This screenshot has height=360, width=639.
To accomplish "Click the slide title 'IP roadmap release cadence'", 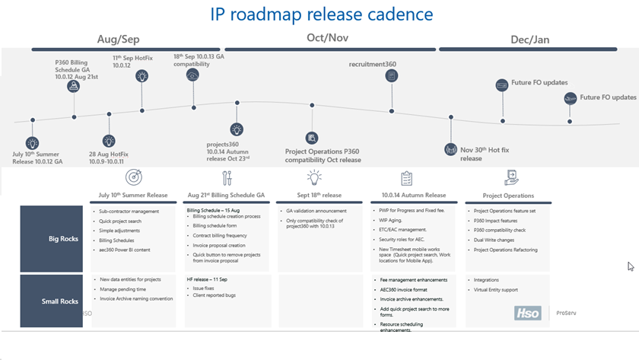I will click(323, 14).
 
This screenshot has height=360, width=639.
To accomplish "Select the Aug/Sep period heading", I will click(119, 39).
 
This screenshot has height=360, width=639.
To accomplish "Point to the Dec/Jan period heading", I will click(529, 39).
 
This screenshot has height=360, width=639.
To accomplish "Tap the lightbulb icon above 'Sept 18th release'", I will click(314, 178).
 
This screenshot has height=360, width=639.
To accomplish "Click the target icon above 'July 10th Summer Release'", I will click(134, 178).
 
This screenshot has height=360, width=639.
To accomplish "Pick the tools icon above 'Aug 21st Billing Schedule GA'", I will click(226, 178).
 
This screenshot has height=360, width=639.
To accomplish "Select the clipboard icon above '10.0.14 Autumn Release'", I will click(406, 178).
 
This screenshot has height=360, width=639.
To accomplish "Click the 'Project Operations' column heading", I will click(508, 196).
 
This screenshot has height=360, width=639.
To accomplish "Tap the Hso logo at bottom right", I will click(526, 312).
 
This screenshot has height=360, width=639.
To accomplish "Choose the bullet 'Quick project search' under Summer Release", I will click(120, 221).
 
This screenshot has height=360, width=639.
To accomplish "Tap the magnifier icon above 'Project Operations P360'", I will click(312, 138).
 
